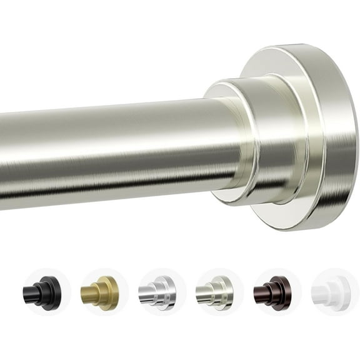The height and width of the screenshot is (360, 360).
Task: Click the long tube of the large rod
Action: [x=112, y=153]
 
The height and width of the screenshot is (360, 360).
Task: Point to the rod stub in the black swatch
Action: [x=31, y=293]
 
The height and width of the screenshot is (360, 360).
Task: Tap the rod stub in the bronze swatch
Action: [x=262, y=293]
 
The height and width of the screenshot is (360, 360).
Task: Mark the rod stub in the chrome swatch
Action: [x=147, y=293]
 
